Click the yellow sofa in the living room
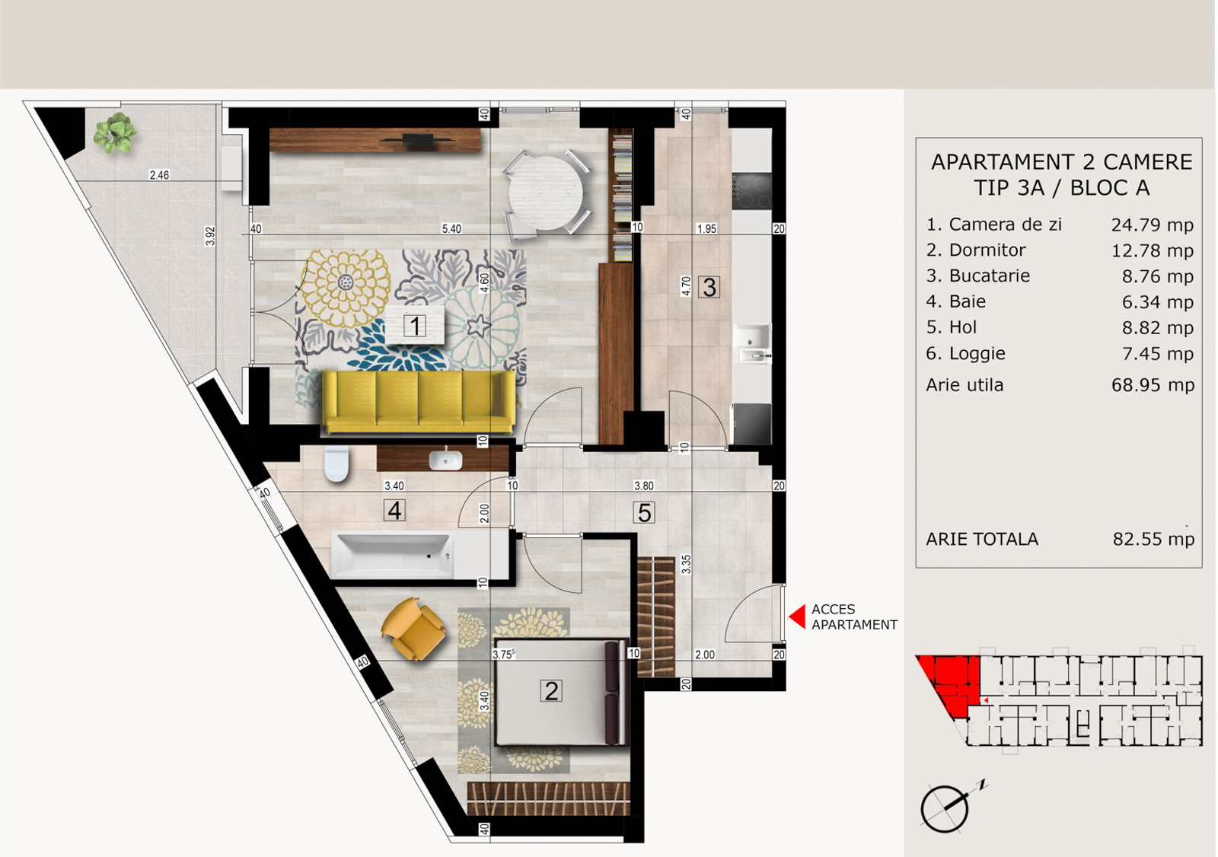click(x=419, y=402)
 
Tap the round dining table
click(x=545, y=193)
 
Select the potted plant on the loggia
click(x=115, y=132)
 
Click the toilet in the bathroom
click(x=336, y=464)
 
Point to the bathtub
click(x=392, y=555)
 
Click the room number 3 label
click(x=709, y=287)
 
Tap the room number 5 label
click(x=644, y=512)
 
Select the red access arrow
click(x=797, y=616)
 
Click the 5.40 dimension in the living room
click(x=451, y=229)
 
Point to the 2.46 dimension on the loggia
click(x=159, y=175)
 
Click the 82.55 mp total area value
click(x=1153, y=539)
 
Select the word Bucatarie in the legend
click(x=990, y=276)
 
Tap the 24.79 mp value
click(x=1153, y=225)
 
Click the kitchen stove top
click(x=751, y=191)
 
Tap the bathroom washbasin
click(x=445, y=460)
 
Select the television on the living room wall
click(x=418, y=140)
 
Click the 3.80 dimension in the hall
click(x=644, y=486)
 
